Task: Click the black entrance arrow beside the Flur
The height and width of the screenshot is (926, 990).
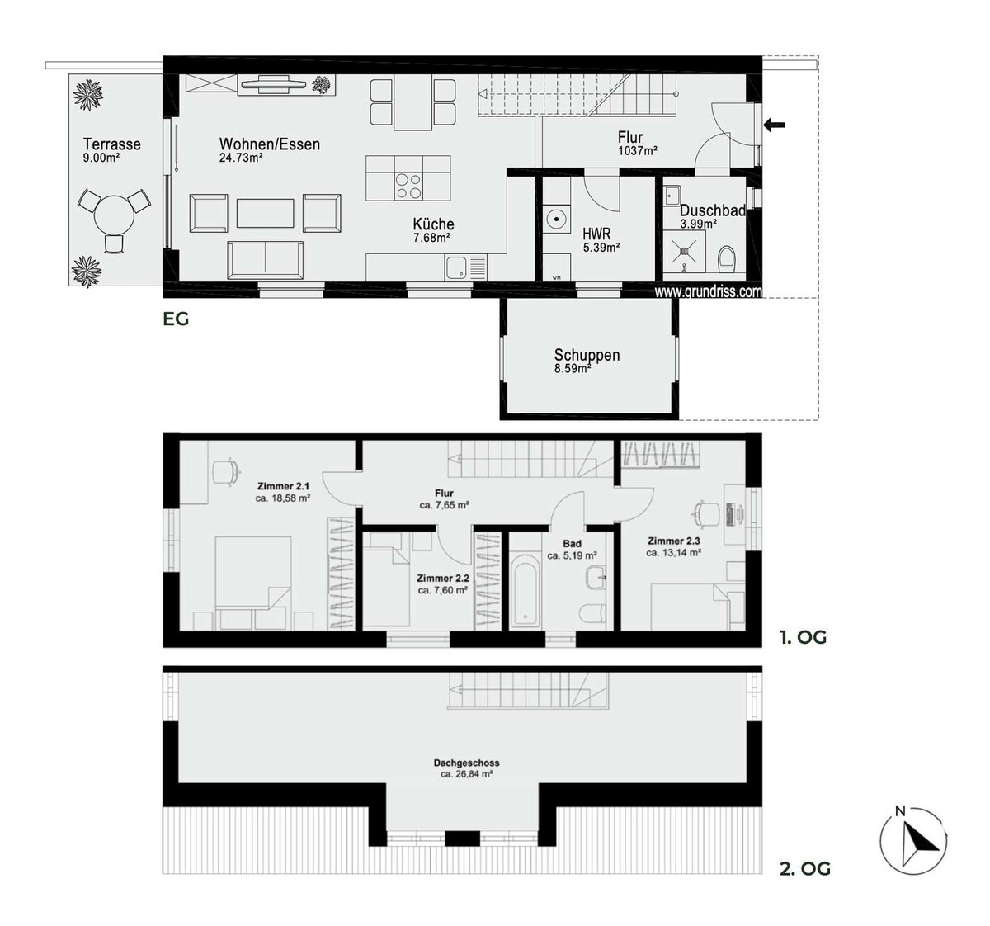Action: pos(774,125)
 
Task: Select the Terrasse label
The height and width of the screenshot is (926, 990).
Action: pos(111,144)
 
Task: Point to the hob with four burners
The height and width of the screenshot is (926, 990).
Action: pos(408,186)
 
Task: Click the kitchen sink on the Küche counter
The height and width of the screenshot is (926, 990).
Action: pos(455,267)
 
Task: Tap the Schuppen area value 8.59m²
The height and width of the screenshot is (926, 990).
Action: pos(573,369)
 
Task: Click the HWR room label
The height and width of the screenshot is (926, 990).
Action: pos(596,234)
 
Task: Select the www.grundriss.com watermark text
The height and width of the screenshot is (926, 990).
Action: pos(708,292)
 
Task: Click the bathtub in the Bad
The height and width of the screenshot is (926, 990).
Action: pos(525,595)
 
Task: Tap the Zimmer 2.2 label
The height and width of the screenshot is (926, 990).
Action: pos(443,579)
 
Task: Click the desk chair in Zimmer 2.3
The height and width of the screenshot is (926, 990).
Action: pos(705,513)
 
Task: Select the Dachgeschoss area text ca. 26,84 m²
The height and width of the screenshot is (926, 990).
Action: pos(467,774)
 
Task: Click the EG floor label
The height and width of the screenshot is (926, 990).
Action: pos(176,319)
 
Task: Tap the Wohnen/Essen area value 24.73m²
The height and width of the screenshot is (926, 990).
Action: pos(241,158)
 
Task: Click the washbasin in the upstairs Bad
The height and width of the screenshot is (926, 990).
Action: pos(596,578)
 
